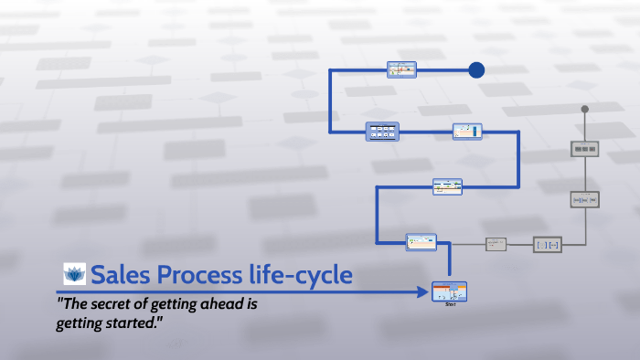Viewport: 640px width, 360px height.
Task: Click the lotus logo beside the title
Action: (74, 273)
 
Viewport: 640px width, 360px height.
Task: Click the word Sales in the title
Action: (120, 273)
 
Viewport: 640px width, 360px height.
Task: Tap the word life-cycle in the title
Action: (306, 273)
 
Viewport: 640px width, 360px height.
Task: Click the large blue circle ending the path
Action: (476, 69)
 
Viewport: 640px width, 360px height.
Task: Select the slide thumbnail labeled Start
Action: (449, 291)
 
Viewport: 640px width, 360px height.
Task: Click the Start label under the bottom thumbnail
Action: (450, 304)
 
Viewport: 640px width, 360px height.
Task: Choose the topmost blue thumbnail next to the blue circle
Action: (401, 69)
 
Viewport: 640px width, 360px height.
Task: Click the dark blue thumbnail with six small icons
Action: (381, 132)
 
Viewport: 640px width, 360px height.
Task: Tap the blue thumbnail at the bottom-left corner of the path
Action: (421, 242)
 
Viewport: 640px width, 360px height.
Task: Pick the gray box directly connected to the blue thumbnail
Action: (496, 244)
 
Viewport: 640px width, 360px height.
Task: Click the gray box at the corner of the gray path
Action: (547, 244)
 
